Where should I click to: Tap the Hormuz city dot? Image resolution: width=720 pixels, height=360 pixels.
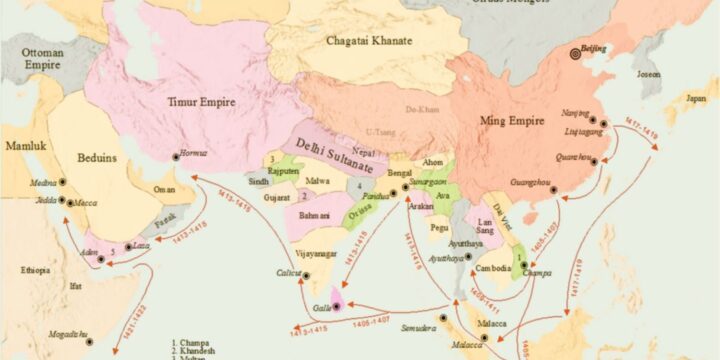pyautogui.click(x=176, y=155)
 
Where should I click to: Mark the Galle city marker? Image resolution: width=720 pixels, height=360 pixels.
pyautogui.click(x=337, y=304)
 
